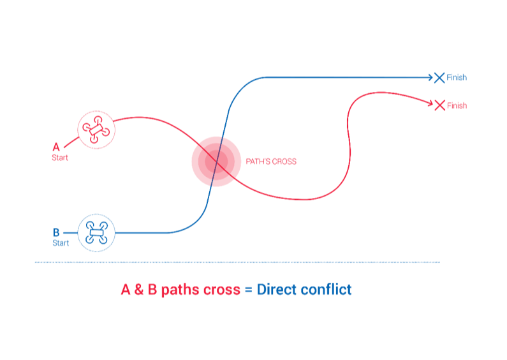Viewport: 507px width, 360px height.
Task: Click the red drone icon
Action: [x=96, y=130]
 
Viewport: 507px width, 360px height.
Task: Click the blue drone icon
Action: [x=96, y=232]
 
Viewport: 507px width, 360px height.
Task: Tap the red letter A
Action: [x=56, y=147]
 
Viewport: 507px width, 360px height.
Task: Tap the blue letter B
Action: [x=56, y=232]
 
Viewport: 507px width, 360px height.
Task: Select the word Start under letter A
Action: [x=60, y=158]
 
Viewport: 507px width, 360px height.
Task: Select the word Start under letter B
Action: [x=61, y=243]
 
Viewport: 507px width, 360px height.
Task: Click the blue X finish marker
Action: [x=439, y=78]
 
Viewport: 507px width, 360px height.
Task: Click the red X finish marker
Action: [x=440, y=105]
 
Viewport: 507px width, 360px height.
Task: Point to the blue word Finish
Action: [x=457, y=77]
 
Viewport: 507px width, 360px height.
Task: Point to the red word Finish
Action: [x=457, y=105]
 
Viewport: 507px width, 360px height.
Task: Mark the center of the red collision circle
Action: [x=216, y=161]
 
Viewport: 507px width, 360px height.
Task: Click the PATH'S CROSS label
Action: [x=271, y=161]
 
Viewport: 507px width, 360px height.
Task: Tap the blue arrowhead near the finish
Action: [x=430, y=77]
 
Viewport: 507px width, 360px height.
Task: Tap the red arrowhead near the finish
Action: [x=430, y=103]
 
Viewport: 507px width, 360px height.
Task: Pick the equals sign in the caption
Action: [x=248, y=290]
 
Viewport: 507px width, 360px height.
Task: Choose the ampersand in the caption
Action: [x=139, y=289]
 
